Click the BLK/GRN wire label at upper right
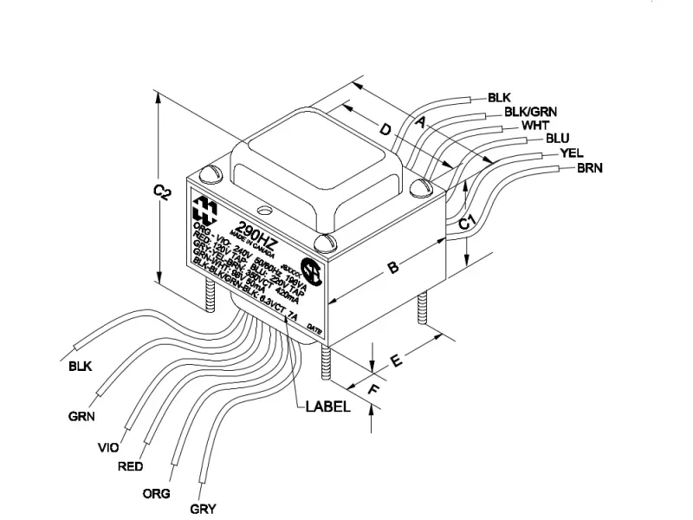click(530, 111)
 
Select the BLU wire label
click(557, 139)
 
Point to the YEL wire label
click(571, 153)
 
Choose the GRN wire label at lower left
click(81, 415)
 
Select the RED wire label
click(129, 466)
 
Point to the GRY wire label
click(203, 509)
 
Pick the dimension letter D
click(385, 131)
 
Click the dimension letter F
click(372, 391)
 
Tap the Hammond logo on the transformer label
click(206, 209)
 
